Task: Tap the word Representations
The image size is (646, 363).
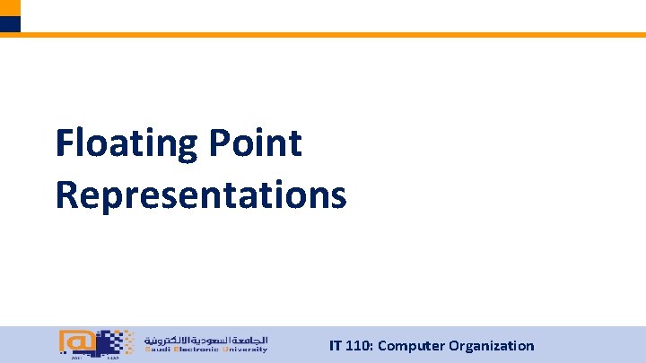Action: point(200,194)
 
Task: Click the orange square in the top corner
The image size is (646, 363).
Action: point(9,7)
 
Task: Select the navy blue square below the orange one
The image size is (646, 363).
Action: point(9,24)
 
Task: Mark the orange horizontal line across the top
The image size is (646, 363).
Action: point(332,35)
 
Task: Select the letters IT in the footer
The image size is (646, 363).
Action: point(336,346)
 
